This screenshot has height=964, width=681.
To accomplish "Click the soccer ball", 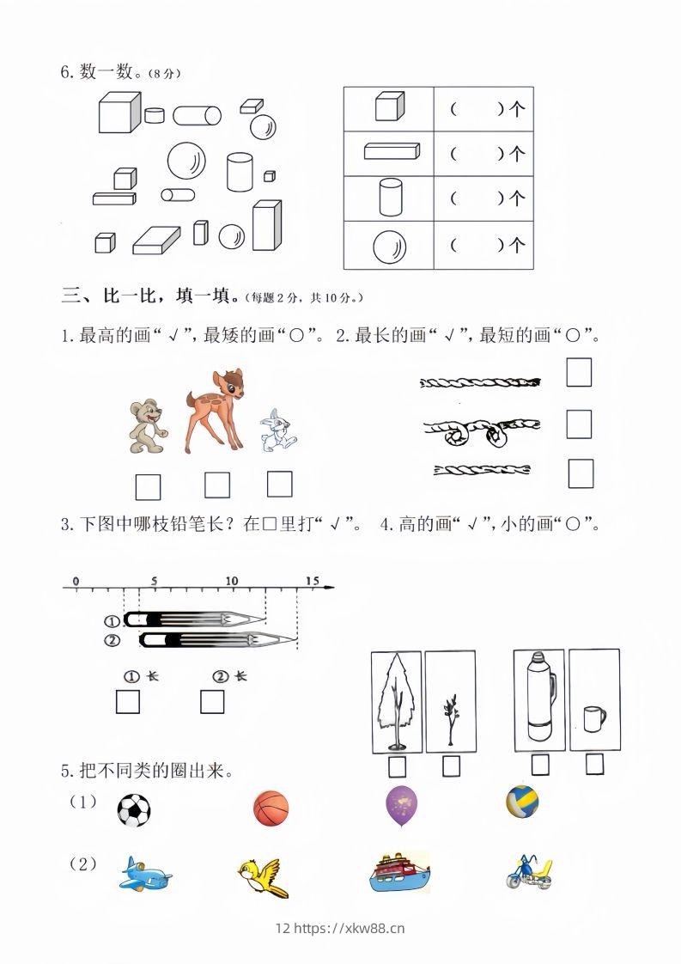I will pos(133,809).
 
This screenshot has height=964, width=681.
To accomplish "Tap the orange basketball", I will pos(271,809).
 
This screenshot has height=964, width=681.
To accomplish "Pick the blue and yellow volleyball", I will pos(522,802).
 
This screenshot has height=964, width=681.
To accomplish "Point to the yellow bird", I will pos(263,876).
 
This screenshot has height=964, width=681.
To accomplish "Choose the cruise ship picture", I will pos(398,873).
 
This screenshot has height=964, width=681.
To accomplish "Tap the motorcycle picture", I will pos(529,873).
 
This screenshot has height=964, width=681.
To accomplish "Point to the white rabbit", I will pos(277,430).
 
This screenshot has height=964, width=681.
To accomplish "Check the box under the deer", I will pos(217,485).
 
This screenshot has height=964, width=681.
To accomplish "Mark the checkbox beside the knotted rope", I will pos(579,424).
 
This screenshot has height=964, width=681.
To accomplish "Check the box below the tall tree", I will pos(398,765).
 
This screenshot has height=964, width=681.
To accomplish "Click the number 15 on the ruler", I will pos(311,581).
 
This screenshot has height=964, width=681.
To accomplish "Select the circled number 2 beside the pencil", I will pos(112,639).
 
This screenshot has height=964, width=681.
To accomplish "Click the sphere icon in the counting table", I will pos(388,247).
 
